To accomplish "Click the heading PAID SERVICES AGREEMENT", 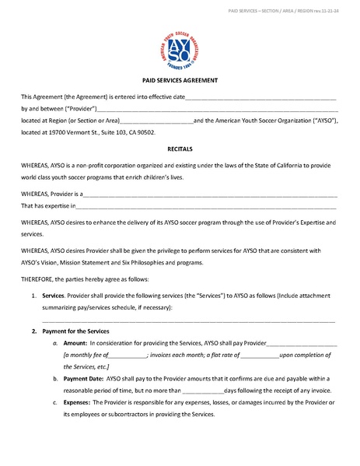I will [x=180, y=81].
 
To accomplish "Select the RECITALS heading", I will [x=180, y=147].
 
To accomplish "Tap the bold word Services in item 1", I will [x=53, y=296].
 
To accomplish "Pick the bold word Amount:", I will [x=75, y=343].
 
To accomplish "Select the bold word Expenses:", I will [x=78, y=402].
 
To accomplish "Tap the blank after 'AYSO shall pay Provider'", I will [x=302, y=343].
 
